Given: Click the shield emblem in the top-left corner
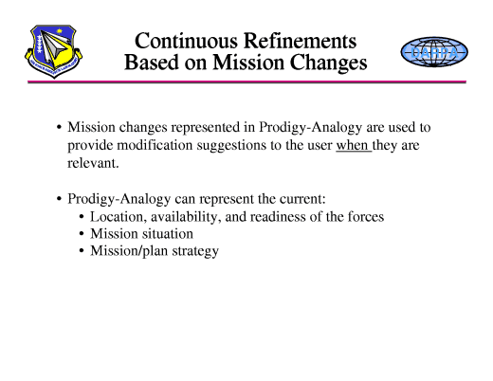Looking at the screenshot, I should pyautogui.click(x=51, y=53).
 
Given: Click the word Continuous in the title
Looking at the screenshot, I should pyautogui.click(x=185, y=42).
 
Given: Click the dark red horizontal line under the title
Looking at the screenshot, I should pyautogui.click(x=246, y=82).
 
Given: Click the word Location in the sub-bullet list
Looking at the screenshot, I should pyautogui.click(x=118, y=216).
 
